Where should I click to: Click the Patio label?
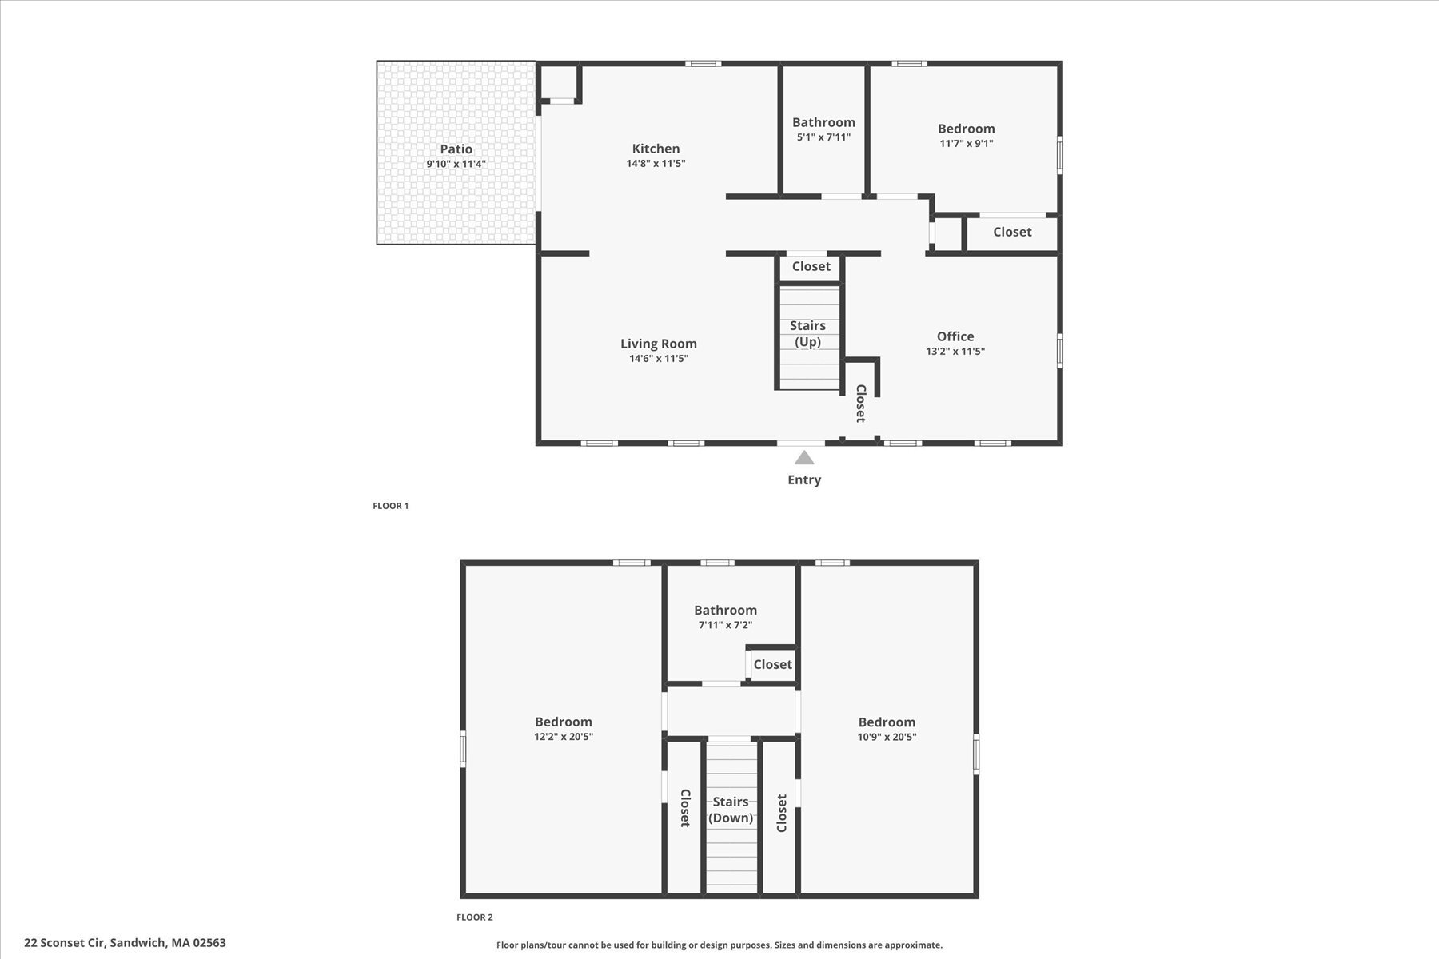456,149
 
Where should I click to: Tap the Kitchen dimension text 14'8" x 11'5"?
656,164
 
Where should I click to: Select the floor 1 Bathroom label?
823,122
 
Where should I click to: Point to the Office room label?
955,336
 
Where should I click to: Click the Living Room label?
659,344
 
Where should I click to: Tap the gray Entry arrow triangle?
804,458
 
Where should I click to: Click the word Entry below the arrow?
804,479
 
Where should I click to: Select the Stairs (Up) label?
807,333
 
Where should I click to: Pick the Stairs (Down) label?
731,810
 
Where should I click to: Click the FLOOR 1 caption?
390,506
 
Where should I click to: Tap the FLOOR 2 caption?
474,917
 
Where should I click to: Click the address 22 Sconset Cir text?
125,943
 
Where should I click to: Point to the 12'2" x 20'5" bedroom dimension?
564,737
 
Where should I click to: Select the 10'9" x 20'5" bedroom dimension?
887,737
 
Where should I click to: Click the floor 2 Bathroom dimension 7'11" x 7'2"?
725,626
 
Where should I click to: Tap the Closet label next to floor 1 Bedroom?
1012,232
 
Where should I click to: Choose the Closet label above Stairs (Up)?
811,266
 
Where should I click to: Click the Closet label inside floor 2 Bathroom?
772,664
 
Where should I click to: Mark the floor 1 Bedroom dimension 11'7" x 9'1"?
966,144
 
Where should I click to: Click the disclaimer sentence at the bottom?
719,945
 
